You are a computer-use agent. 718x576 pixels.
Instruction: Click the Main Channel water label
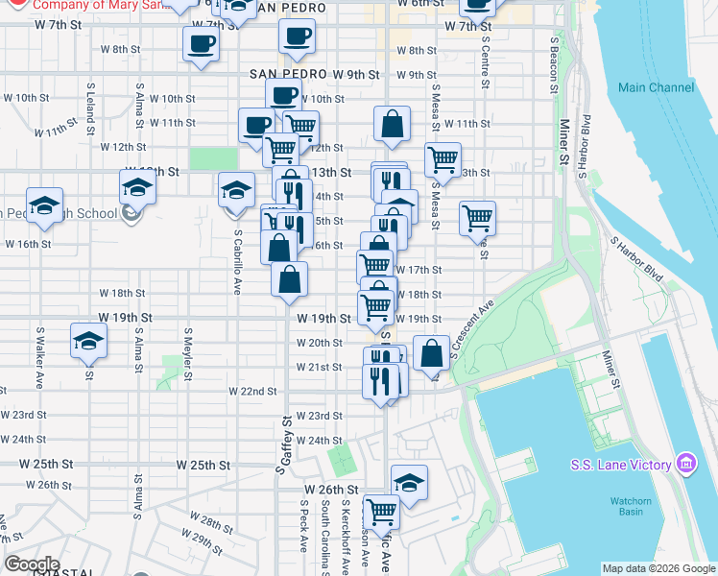pyautogui.click(x=657, y=87)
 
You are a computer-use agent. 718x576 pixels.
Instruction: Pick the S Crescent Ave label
pyautogui.click(x=472, y=330)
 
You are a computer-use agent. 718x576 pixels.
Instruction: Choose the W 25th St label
pyautogui.click(x=203, y=464)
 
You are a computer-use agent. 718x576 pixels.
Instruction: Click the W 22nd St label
pyautogui.click(x=251, y=391)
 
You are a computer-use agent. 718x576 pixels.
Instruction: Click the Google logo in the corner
pyautogui.click(x=32, y=564)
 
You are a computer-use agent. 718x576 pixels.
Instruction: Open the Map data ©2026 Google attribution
pyautogui.click(x=658, y=568)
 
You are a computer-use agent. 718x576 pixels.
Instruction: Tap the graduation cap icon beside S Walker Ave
pyautogui.click(x=88, y=342)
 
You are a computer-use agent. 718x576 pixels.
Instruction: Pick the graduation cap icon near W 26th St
pyautogui.click(x=409, y=483)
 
